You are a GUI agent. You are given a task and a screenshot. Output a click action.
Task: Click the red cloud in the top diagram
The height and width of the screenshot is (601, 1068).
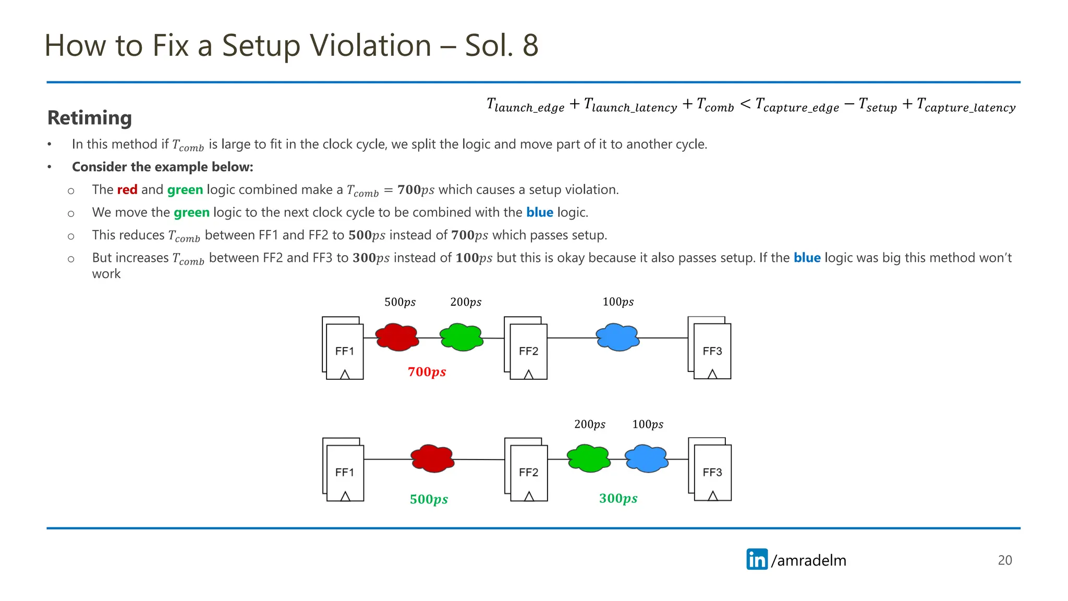coord(397,337)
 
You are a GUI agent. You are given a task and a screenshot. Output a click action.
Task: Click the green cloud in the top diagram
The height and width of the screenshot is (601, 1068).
coord(461,337)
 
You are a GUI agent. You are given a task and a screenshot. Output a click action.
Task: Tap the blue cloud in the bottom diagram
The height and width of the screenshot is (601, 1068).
coord(647,459)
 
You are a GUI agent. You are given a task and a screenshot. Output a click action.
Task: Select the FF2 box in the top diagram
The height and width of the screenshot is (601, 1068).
coord(528,351)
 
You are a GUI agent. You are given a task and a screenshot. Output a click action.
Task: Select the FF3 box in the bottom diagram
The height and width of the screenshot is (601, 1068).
coord(712,472)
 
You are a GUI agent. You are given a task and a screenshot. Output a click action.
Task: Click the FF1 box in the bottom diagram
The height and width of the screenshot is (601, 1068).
coord(344,472)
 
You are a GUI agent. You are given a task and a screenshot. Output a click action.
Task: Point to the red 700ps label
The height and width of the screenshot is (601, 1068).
coord(427,372)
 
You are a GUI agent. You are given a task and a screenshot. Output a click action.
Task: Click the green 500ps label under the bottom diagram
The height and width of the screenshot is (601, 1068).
coord(429,499)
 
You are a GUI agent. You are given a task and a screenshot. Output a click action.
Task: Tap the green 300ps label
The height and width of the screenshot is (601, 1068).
coord(618,498)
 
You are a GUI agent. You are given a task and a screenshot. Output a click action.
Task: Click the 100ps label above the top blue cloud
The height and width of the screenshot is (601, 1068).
coord(618,302)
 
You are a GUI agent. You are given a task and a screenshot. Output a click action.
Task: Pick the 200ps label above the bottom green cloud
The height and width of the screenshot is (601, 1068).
coord(590,425)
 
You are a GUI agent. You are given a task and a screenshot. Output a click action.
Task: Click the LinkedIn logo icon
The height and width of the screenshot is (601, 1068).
coord(757,559)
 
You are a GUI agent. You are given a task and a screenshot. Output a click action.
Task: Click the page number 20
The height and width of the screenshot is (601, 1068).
coord(1004,560)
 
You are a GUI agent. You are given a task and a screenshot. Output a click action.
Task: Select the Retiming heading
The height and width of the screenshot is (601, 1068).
coord(90,118)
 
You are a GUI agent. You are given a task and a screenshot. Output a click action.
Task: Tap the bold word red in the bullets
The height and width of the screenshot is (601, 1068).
coord(127,190)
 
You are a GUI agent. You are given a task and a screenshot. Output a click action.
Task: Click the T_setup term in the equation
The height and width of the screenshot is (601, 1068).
coord(878,106)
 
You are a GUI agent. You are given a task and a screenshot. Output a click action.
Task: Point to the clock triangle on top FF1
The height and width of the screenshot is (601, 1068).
coord(345,374)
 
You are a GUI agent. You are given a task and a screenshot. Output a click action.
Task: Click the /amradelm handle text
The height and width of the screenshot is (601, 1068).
coord(809,560)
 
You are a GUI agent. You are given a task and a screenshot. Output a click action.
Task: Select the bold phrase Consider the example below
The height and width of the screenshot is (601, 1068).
coord(162,167)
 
